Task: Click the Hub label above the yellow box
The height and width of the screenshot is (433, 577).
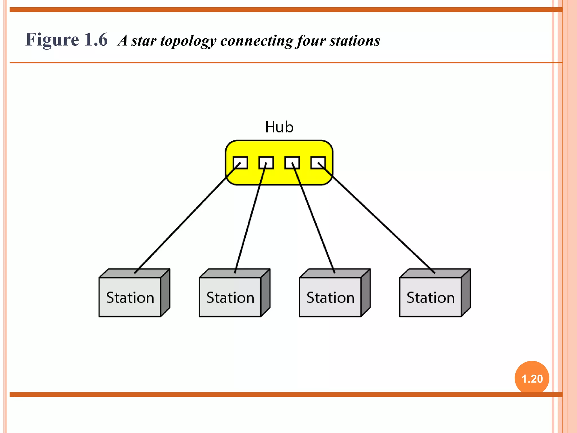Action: click(279, 127)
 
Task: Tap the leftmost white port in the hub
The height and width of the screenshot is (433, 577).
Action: click(240, 163)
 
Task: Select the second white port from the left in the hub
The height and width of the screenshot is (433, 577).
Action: click(266, 163)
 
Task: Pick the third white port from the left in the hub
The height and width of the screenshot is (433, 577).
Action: click(292, 163)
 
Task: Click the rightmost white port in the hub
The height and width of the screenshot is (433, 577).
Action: click(318, 163)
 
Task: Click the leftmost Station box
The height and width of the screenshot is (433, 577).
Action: click(130, 297)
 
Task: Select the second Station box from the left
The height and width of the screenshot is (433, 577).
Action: click(230, 297)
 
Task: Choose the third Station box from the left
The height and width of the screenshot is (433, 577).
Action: click(330, 297)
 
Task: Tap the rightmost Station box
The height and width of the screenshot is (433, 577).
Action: click(430, 297)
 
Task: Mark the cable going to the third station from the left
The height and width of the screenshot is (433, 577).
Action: click(313, 218)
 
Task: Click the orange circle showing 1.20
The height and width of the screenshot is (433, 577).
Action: click(532, 378)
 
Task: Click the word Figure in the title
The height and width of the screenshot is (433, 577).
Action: click(52, 39)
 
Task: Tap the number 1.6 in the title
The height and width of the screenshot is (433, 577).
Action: click(96, 39)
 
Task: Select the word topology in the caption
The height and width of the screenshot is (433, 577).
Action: click(188, 41)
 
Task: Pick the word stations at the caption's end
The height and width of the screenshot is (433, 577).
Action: click(355, 41)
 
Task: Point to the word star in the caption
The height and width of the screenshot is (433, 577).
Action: click(144, 41)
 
